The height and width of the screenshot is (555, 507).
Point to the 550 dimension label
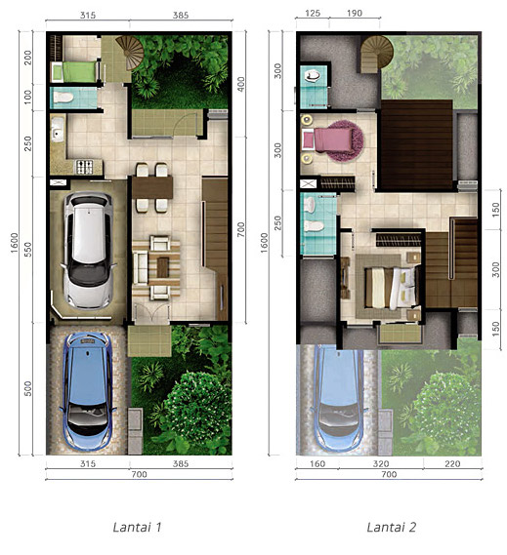(x=27, y=249)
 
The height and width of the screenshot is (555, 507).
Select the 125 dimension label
(x=313, y=13)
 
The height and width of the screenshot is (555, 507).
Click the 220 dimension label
(x=452, y=463)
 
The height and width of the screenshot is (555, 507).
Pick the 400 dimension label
(x=241, y=84)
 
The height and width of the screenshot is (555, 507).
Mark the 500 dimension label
(x=27, y=388)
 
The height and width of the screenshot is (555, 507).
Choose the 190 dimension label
(x=355, y=13)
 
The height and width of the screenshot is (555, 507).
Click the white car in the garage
(x=88, y=251)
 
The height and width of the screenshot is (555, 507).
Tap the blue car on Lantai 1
(x=88, y=392)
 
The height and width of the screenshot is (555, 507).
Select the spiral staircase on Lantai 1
(x=130, y=53)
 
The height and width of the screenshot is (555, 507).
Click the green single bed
(x=75, y=72)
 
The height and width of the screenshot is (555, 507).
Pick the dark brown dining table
(x=152, y=187)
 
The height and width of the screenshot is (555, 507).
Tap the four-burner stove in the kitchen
(x=84, y=168)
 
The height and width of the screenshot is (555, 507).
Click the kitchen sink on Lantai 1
(x=58, y=129)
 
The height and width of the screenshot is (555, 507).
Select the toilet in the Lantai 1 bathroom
(x=63, y=98)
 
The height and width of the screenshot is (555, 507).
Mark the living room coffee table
(x=163, y=267)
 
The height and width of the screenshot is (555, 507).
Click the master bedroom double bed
(x=392, y=288)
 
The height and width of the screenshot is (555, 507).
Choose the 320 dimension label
(x=381, y=463)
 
